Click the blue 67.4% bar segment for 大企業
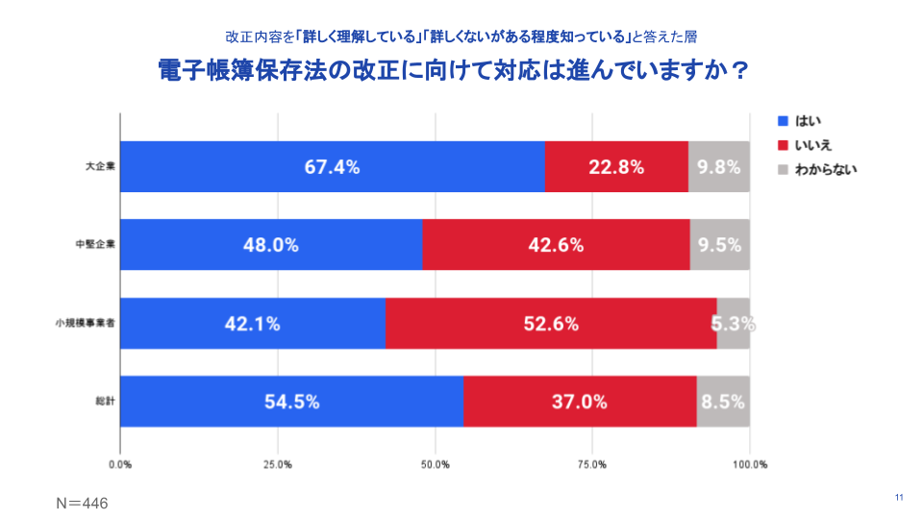pos(332,166)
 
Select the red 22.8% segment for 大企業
pos(616,166)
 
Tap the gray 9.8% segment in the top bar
pos(719,166)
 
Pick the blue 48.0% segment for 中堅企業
pos(270,244)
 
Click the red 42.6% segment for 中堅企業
pos(556,244)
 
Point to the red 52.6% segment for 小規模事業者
pos(551,323)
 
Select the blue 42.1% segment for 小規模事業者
pos(252,323)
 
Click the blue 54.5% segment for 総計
pos(291,402)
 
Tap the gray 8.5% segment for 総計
pos(723,402)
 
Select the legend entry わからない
pos(816,169)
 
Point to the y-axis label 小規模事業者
pos(86,323)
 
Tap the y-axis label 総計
pos(103,402)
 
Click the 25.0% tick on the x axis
pos(278,465)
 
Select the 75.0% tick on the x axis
pos(592,465)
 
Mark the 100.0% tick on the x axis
pos(750,465)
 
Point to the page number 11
pos(899,497)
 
